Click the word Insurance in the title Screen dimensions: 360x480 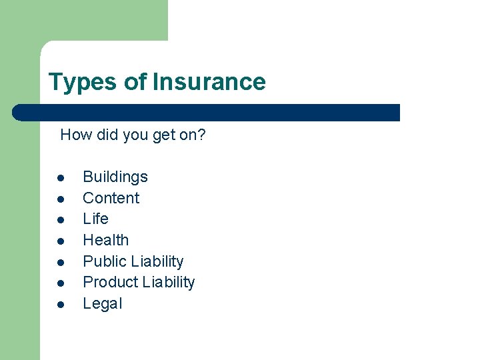point(209,82)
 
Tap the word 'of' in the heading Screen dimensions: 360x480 point(135,82)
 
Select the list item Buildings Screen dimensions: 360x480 point(115,177)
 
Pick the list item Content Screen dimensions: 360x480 point(111,198)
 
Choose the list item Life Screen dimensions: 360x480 point(95,219)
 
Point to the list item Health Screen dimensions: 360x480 point(105,240)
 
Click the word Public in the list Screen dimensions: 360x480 point(104,261)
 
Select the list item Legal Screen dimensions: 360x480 point(102,303)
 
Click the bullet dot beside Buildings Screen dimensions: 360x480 point(60,178)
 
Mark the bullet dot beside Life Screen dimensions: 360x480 point(60,220)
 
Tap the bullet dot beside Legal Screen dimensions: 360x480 point(60,305)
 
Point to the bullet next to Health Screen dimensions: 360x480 point(60,241)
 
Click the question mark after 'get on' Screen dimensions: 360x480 point(201,135)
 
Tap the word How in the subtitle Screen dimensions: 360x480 point(75,135)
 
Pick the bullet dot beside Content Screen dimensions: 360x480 point(60,199)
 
